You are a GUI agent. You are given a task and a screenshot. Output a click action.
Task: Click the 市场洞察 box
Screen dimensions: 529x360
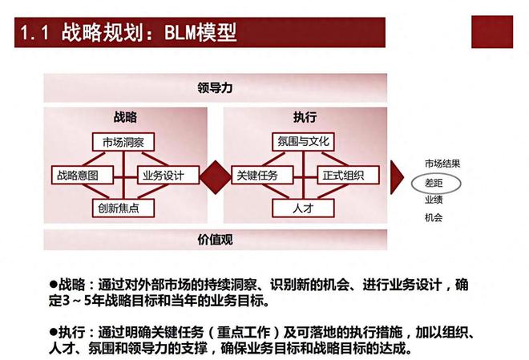click(123, 142)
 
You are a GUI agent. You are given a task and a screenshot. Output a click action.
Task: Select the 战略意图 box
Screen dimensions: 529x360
click(83, 175)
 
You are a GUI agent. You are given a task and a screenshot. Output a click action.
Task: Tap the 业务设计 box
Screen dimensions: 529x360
click(168, 175)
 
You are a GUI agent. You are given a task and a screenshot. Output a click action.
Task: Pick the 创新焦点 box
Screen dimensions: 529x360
click(123, 208)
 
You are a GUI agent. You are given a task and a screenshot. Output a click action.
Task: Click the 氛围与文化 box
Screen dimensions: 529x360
click(303, 142)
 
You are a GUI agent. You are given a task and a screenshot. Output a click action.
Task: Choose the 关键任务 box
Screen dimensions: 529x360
click(262, 175)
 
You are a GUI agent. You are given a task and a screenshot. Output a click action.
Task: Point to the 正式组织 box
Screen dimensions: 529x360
click(348, 175)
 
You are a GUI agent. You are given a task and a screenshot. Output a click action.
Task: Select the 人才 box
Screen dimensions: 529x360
click(303, 208)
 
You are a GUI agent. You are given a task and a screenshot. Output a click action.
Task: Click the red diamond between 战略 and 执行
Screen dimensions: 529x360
click(216, 177)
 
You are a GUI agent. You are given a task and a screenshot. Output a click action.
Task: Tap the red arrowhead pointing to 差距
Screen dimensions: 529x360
click(397, 177)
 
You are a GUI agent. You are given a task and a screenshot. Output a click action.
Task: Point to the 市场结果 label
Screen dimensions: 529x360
click(442, 164)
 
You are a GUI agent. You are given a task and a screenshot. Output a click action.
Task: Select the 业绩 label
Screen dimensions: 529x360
click(434, 200)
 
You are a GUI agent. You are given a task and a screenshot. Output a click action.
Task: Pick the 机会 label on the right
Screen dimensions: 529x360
click(434, 217)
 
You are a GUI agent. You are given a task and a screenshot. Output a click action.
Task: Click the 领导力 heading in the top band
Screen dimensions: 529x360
click(215, 88)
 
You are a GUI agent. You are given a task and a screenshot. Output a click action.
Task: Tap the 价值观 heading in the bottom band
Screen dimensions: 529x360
click(215, 240)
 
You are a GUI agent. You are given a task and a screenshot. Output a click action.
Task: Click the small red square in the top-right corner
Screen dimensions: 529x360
click(492, 32)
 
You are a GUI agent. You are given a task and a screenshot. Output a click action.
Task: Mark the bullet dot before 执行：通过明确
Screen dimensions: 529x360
click(54, 332)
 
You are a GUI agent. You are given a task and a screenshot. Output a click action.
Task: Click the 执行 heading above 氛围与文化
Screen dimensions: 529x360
click(305, 117)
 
